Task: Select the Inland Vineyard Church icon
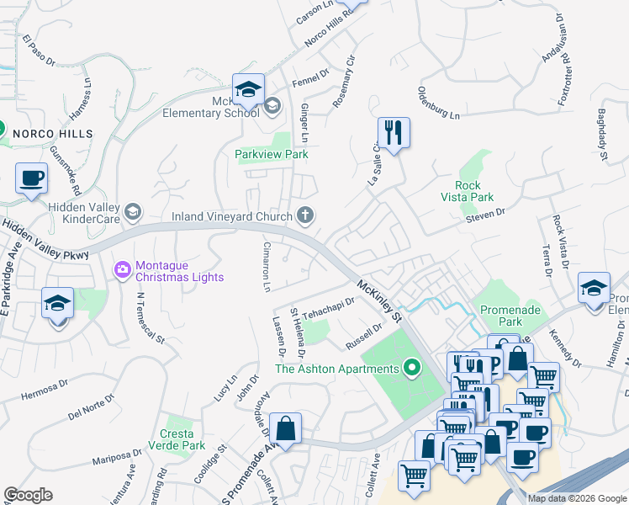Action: (306, 216)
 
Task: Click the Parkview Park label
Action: (272, 154)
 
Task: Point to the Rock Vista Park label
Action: (473, 191)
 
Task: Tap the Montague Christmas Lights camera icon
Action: (122, 270)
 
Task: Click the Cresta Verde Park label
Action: (172, 439)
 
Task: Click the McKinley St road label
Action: (378, 303)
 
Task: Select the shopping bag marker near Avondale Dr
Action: (286, 428)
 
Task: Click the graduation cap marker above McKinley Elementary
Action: (249, 90)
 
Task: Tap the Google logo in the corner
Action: (28, 495)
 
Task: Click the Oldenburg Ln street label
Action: (439, 102)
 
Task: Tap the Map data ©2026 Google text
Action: (576, 498)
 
